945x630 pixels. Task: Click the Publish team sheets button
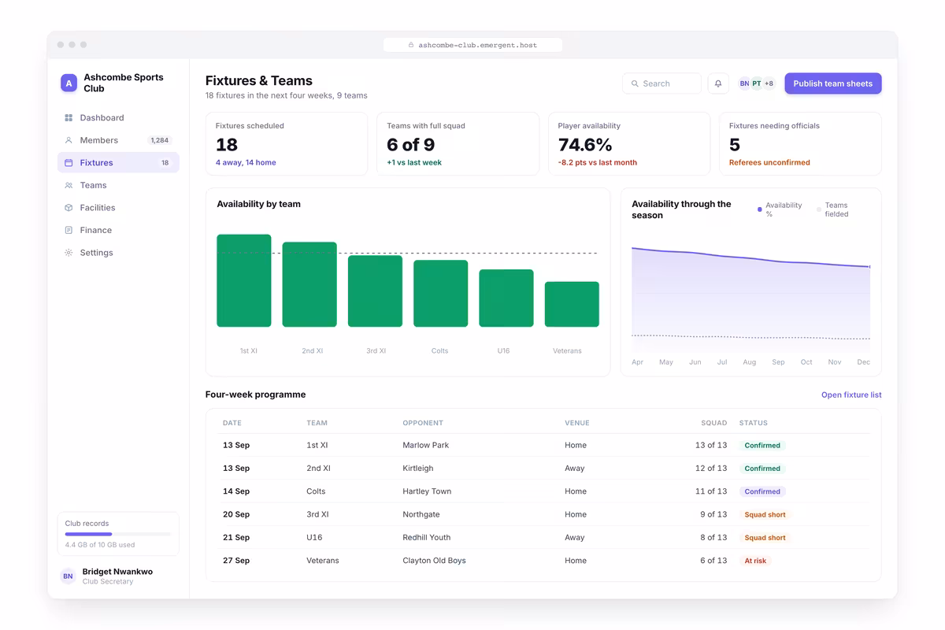[833, 83]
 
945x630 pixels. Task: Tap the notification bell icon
[718, 83]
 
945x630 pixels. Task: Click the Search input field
[661, 83]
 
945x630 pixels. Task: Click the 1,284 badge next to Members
[159, 140]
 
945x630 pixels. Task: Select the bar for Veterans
[572, 304]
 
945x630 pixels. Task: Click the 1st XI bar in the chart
[244, 280]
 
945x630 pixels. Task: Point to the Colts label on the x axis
[439, 350]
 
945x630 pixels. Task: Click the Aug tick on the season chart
[749, 362]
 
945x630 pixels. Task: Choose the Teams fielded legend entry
[833, 209]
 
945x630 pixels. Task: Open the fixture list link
[851, 395]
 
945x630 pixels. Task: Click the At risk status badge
[755, 561]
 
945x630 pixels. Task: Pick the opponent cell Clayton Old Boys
[434, 561]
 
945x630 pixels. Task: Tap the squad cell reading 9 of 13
[713, 514]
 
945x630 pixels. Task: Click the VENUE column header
[576, 423]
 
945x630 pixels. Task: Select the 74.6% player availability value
[584, 145]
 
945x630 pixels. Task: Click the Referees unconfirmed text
[769, 162]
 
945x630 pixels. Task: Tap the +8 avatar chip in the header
[769, 83]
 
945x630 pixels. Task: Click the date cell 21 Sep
[236, 538]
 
